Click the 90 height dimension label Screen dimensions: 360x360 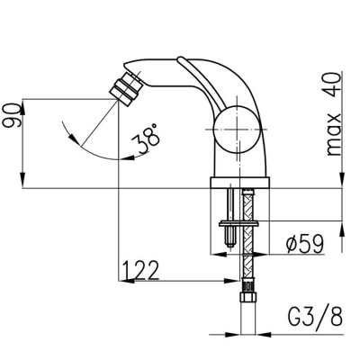(x=12, y=115)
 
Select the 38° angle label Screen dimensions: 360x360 (x=146, y=139)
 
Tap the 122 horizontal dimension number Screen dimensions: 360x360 (x=140, y=270)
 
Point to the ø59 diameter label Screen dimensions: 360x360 (x=305, y=244)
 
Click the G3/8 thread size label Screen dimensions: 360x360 (x=315, y=316)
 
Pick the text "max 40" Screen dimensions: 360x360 (x=334, y=113)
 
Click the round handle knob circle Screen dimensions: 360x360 (x=237, y=130)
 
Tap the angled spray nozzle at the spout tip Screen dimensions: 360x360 (x=125, y=89)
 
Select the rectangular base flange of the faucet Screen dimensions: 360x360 (x=239, y=183)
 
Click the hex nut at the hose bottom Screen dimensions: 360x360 (x=247, y=297)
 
